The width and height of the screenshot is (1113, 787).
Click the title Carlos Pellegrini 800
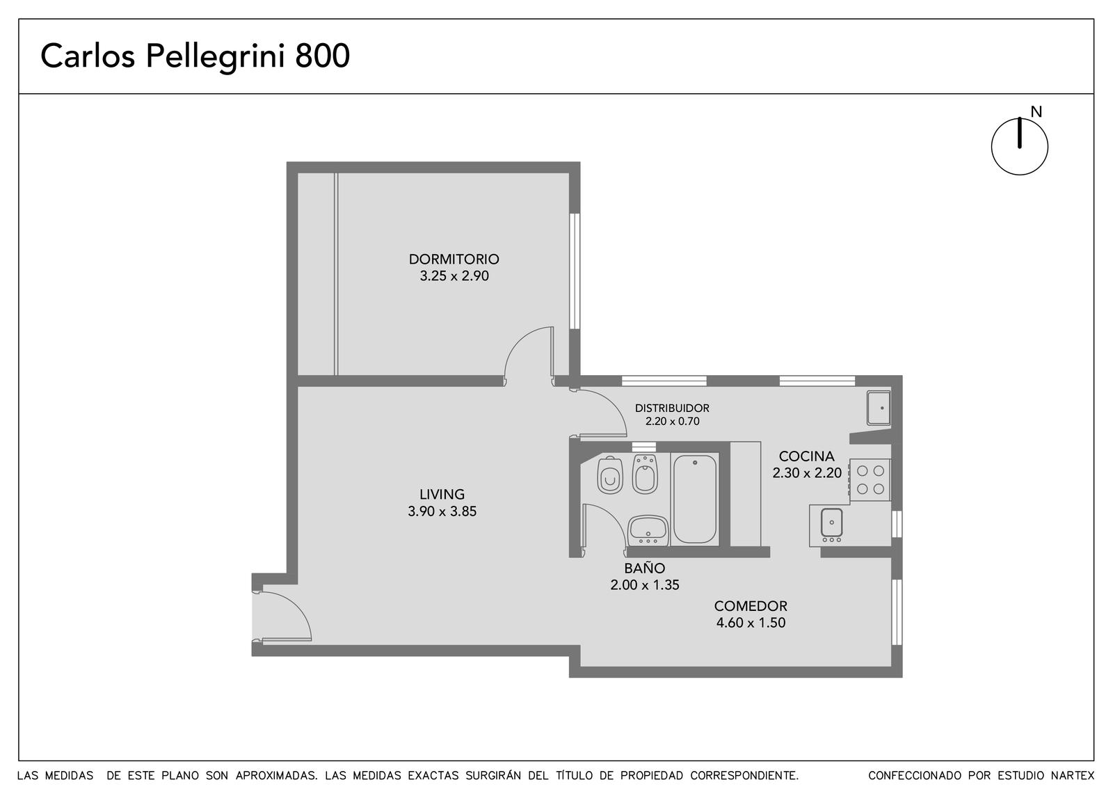(195, 56)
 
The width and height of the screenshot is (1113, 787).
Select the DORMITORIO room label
(454, 259)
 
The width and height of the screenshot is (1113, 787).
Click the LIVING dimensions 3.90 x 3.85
(442, 511)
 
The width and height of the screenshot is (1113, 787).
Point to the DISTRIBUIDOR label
(672, 408)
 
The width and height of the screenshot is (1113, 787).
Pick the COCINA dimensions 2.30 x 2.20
(807, 472)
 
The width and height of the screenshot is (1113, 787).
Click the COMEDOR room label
(751, 606)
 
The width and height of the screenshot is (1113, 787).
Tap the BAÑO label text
(644, 568)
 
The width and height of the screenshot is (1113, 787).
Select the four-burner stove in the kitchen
(870, 480)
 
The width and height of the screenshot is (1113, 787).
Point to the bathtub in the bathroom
(695, 499)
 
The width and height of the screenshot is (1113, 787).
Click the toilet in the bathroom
(609, 475)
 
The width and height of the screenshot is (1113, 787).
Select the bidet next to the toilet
(645, 474)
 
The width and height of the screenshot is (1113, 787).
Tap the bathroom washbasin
(648, 530)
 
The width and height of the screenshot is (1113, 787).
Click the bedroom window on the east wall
(575, 271)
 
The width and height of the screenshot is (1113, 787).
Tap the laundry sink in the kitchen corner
(879, 408)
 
